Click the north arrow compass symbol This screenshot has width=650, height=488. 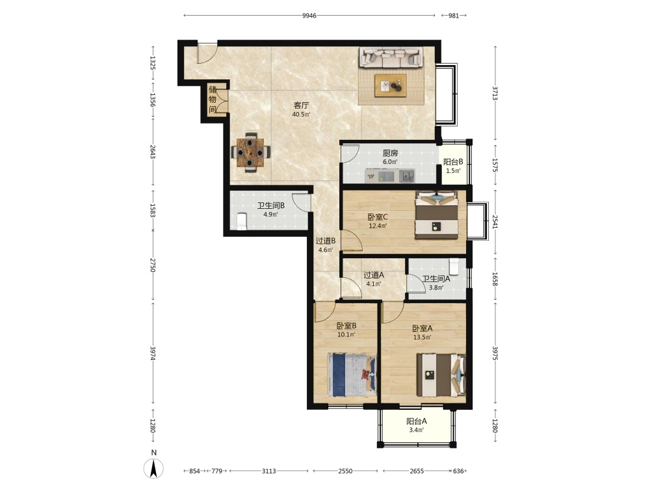(x=154, y=469)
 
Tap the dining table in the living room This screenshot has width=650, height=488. (x=250, y=152)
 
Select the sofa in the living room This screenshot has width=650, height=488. (x=391, y=57)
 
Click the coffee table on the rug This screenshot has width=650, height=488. (x=391, y=86)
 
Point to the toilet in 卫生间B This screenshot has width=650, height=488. (x=242, y=221)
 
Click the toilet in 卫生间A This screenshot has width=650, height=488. (x=454, y=266)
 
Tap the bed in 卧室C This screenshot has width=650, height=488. (x=437, y=215)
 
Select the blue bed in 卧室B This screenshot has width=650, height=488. (x=352, y=375)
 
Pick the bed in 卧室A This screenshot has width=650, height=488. (x=441, y=375)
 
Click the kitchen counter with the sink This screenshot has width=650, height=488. (x=389, y=176)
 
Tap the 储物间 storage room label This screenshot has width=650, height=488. (x=213, y=100)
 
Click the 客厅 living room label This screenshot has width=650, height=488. (x=302, y=105)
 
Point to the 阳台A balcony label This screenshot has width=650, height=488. (x=417, y=421)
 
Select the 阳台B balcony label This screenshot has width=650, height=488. (x=453, y=162)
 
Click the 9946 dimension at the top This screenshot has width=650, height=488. (x=309, y=16)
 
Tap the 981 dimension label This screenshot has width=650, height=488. (x=454, y=16)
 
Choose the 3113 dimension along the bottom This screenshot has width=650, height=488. (x=269, y=471)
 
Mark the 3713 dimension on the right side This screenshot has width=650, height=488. (x=495, y=93)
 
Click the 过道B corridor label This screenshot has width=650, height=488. (x=326, y=241)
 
